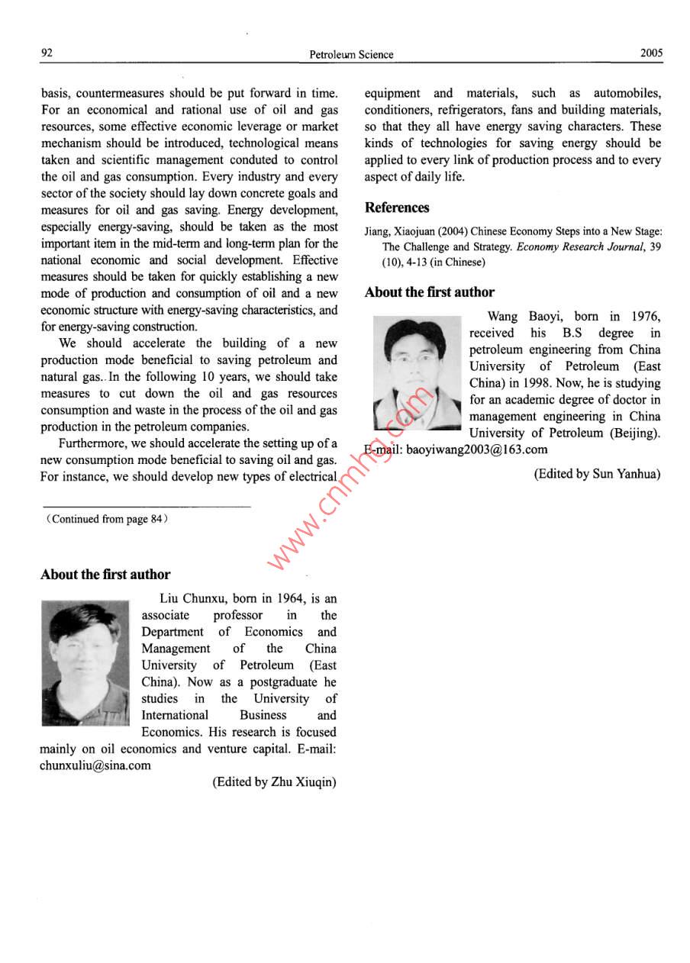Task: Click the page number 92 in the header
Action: [x=47, y=53]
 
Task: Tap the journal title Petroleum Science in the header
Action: [x=351, y=54]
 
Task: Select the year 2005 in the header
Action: [x=652, y=53]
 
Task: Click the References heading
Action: [x=397, y=208]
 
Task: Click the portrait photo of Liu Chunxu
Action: [x=85, y=662]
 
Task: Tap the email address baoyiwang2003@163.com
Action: [x=476, y=449]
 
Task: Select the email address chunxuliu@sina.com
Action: [x=95, y=765]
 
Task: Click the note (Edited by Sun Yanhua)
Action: [x=597, y=474]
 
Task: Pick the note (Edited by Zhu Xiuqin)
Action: [x=274, y=782]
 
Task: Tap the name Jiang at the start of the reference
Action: [x=377, y=232]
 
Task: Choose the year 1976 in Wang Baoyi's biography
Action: [x=646, y=317]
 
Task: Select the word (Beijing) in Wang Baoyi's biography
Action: [x=632, y=433]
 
